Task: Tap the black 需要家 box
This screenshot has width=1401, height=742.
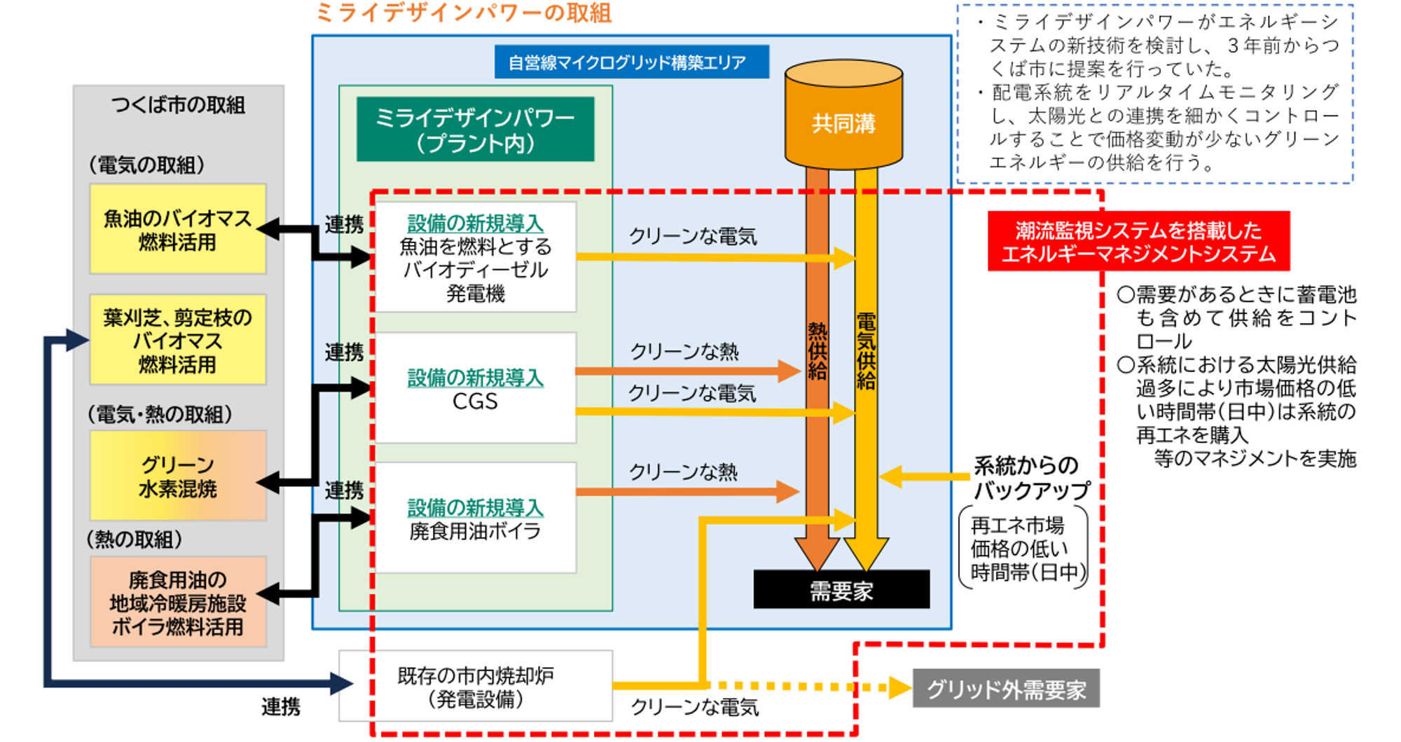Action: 841,590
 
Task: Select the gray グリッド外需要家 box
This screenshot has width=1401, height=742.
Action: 1006,689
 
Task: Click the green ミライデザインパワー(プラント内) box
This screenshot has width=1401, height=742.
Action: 475,130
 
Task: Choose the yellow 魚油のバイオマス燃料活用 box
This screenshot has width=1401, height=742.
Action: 178,229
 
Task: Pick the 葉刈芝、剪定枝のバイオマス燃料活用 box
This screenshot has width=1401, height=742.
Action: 178,340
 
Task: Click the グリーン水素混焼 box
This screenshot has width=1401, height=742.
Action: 178,476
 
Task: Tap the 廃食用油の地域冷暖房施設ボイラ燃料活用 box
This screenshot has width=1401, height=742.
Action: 178,602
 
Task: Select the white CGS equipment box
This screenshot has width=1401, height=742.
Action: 476,388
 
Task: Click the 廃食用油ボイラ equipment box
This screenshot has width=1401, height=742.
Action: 476,518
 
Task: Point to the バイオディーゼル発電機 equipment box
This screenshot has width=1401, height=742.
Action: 476,257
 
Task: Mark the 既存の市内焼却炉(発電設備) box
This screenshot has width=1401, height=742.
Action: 476,687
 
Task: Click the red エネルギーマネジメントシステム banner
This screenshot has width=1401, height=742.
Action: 1138,241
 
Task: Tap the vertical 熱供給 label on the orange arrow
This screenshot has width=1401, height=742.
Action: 817,351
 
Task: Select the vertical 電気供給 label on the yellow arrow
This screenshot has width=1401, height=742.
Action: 867,351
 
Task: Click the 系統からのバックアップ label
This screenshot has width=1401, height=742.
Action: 1030,477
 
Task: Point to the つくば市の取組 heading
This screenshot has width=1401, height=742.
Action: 178,105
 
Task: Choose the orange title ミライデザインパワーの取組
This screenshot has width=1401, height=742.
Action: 464,13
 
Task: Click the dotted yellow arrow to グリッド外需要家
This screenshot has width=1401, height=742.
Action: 806,687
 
